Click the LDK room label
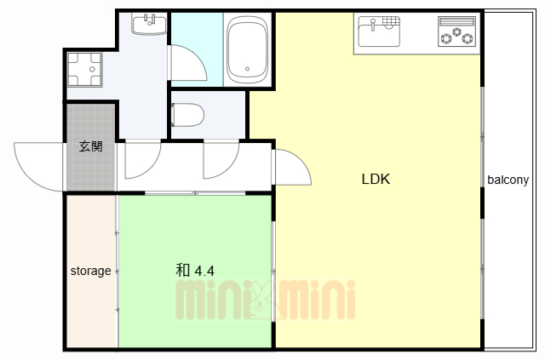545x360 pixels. coord(376,179)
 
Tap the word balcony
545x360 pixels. coord(508,180)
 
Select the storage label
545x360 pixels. coord(91,271)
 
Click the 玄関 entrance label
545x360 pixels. coord(91,146)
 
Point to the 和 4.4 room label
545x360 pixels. coord(195,270)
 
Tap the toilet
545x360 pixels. coord(187,115)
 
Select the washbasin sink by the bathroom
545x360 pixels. coord(149,25)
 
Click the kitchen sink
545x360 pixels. coord(379,31)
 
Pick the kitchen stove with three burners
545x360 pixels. coord(456,31)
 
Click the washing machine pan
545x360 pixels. coord(84,69)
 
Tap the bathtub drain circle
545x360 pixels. coord(248,69)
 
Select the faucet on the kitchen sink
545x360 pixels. coord(372,25)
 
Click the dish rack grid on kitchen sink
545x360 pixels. coord(391,21)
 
